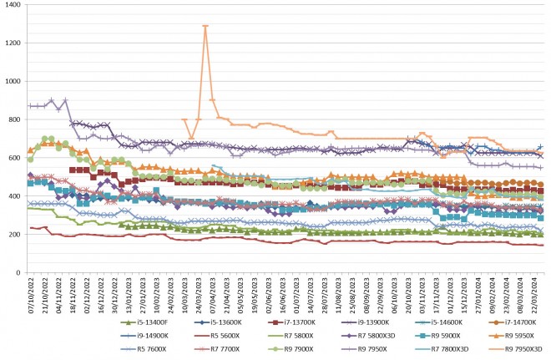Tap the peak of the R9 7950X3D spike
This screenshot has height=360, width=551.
coord(205,26)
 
